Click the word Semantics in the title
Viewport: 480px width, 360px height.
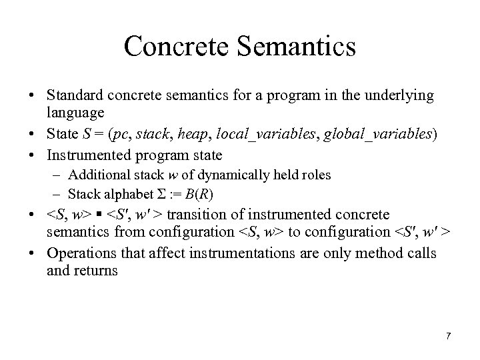tap(296, 47)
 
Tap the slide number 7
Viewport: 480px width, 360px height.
tap(448, 335)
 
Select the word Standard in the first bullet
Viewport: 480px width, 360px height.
tap(71, 97)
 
